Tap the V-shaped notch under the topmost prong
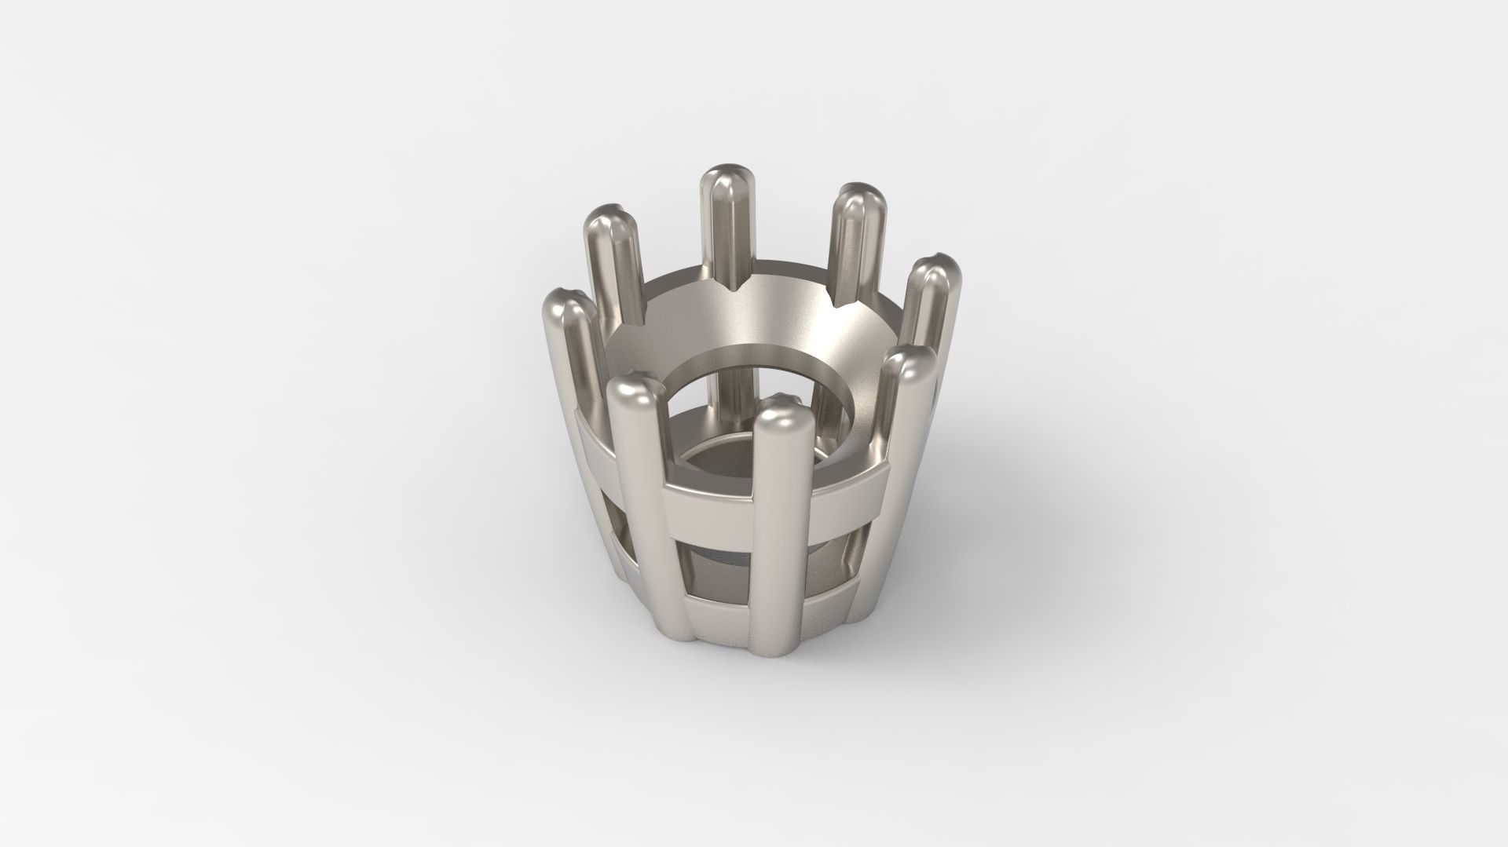click(738, 290)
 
